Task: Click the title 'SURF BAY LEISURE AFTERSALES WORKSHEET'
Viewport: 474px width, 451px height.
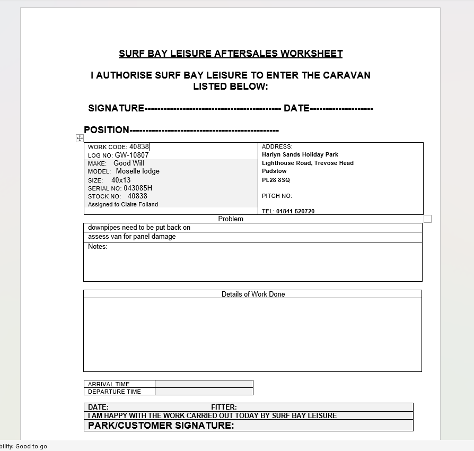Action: (x=231, y=54)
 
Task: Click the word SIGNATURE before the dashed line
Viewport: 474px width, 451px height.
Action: (x=116, y=108)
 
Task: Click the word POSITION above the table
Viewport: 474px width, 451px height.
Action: (x=107, y=130)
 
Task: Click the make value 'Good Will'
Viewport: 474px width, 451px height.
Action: (x=129, y=163)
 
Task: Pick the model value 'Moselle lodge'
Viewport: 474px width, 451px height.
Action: (x=138, y=171)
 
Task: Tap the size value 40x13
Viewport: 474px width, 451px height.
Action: (x=121, y=180)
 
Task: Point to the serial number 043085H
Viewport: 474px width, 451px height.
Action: (x=138, y=188)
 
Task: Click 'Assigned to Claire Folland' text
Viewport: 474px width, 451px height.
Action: (x=123, y=204)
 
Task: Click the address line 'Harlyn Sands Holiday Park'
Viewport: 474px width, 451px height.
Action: (x=300, y=155)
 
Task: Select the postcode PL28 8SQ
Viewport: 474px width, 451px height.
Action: (x=276, y=180)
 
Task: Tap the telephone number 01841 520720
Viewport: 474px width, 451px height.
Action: (x=295, y=211)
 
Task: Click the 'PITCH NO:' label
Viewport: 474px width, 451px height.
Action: (x=277, y=196)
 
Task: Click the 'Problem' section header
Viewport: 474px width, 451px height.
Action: (x=231, y=219)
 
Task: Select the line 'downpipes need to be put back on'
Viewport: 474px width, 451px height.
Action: (x=139, y=228)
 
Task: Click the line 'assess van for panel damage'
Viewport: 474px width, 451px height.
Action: (x=132, y=237)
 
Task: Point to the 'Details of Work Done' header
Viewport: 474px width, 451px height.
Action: (x=253, y=294)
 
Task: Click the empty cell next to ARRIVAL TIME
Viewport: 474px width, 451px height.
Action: (x=204, y=384)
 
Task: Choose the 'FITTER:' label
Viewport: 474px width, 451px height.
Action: (x=224, y=407)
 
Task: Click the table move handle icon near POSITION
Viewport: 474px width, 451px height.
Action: (x=80, y=138)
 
